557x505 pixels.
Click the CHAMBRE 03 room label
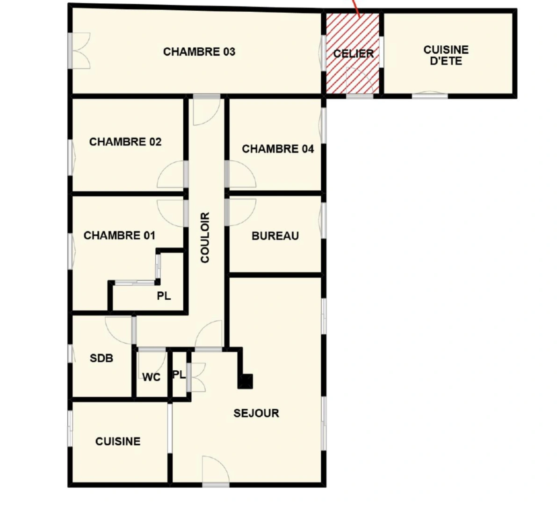[x=199, y=51]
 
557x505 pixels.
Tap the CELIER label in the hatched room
[x=354, y=54]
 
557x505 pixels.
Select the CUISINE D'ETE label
[x=446, y=55]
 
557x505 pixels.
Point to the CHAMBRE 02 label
[x=125, y=142]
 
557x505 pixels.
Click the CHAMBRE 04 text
[x=278, y=149]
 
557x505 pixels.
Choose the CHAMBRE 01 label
[x=119, y=235]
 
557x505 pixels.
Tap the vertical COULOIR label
[x=205, y=237]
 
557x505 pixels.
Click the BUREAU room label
[x=275, y=236]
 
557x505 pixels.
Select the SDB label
[x=101, y=358]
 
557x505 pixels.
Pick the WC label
[x=151, y=377]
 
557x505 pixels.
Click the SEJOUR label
[x=256, y=413]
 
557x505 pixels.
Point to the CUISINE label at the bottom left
[x=117, y=441]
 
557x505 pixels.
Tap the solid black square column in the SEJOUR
[x=246, y=381]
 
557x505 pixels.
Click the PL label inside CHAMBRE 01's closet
[x=164, y=296]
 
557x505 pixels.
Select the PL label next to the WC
[x=179, y=375]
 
